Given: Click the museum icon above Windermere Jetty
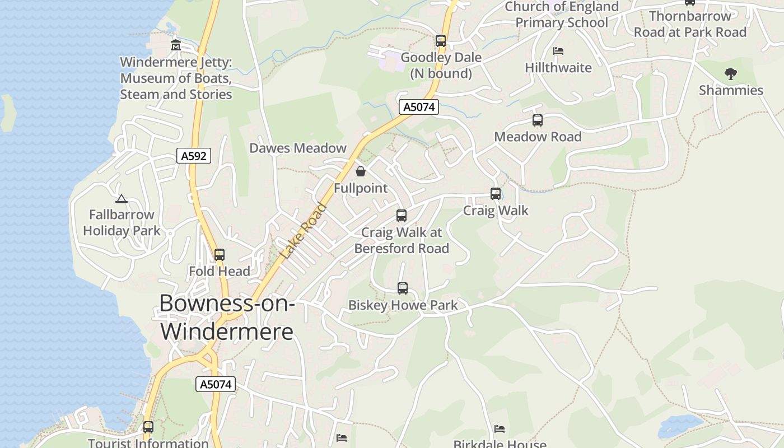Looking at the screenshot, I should (x=176, y=45).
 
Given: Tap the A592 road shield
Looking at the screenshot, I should (x=194, y=156).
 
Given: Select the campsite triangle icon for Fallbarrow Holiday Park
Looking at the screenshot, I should (x=122, y=199).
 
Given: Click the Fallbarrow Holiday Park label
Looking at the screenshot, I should (x=122, y=222).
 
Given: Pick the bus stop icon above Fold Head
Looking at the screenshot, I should (x=220, y=255).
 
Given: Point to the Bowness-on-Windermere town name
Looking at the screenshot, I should (x=227, y=317).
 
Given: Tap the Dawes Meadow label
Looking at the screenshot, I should (x=298, y=148).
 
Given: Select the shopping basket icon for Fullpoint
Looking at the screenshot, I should (x=361, y=171).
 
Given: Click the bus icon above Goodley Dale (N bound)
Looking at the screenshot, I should (x=441, y=41).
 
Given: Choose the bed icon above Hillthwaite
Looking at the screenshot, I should (x=558, y=51).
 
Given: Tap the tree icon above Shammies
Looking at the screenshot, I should (x=730, y=73).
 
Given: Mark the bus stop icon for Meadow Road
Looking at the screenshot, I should (x=538, y=120).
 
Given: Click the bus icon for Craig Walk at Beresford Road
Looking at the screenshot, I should (x=402, y=216).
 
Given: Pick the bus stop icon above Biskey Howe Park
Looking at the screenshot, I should (x=403, y=288).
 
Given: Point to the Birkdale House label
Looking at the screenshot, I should (x=500, y=444).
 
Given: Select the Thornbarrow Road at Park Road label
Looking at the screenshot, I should (x=690, y=24).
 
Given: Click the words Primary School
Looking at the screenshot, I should (x=562, y=22).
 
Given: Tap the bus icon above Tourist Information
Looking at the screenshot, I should (x=148, y=427).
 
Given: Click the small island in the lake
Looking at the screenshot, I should (x=7, y=113).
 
